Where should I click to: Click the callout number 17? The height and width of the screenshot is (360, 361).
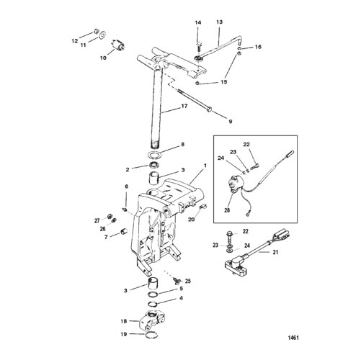pyautogui.click(x=184, y=106)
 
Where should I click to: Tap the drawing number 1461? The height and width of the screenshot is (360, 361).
pyautogui.click(x=293, y=338)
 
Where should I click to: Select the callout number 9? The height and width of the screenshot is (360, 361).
pyautogui.click(x=231, y=122)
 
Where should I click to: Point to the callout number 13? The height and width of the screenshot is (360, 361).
pyautogui.click(x=219, y=22)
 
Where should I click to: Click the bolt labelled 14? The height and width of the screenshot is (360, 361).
pyautogui.click(x=198, y=46)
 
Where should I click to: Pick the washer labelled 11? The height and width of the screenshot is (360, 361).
pyautogui.click(x=102, y=35)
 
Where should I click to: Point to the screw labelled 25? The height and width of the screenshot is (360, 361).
pyautogui.click(x=177, y=280)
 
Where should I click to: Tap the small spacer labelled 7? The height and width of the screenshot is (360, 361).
pyautogui.click(x=123, y=232)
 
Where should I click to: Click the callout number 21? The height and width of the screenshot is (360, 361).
pyautogui.click(x=275, y=252)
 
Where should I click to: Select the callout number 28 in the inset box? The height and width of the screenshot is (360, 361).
pyautogui.click(x=227, y=210)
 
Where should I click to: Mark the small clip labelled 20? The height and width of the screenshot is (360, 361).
pyautogui.click(x=203, y=206)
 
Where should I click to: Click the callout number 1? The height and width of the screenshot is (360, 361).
pyautogui.click(x=205, y=166)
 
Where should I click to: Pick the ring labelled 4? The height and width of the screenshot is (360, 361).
pyautogui.click(x=153, y=304)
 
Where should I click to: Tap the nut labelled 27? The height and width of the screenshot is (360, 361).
pyautogui.click(x=109, y=216)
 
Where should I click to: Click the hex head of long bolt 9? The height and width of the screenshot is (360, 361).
pyautogui.click(x=209, y=109)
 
